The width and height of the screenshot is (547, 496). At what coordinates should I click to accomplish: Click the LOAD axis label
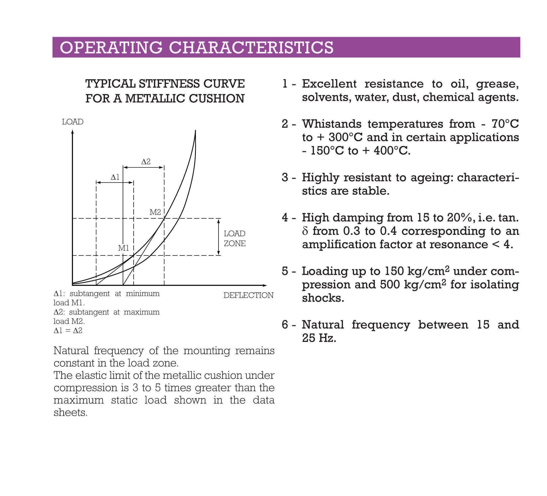(73, 122)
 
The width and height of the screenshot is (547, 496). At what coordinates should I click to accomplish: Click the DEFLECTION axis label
(248, 295)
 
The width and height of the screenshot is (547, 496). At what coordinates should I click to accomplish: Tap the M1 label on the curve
(124, 248)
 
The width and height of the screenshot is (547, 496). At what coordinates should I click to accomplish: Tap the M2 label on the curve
(155, 212)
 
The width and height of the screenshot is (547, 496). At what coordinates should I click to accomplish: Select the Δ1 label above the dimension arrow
(115, 177)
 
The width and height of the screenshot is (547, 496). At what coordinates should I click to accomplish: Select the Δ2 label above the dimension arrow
(146, 162)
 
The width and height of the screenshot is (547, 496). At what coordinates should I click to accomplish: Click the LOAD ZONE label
(235, 238)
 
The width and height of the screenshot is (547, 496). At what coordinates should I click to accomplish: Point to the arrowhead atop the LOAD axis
(73, 132)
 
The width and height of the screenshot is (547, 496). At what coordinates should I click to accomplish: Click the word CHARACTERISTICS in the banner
(251, 47)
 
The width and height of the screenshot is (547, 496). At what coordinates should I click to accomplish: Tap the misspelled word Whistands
(332, 124)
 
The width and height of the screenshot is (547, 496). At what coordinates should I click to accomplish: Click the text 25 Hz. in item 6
(319, 338)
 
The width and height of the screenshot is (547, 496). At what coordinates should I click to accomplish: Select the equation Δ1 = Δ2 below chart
(68, 330)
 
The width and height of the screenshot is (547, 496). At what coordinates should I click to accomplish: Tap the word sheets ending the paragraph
(70, 412)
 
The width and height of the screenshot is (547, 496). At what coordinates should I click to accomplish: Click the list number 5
(285, 271)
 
